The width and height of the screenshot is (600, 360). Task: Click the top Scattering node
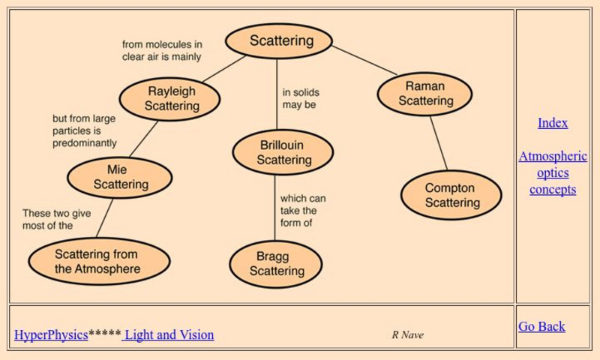[278, 41]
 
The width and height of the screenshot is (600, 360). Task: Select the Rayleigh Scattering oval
[171, 99]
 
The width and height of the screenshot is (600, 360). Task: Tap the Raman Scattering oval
[424, 94]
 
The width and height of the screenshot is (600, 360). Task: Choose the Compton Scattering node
[451, 195]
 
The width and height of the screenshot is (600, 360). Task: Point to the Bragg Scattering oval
[276, 264]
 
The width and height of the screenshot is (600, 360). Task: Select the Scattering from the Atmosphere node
[97, 262]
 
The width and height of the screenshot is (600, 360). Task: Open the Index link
[553, 123]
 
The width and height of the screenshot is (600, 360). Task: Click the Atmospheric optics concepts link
[553, 173]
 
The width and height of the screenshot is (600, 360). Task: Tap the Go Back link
[541, 326]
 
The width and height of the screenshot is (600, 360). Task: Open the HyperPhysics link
[51, 335]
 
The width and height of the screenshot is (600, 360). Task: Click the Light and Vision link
[169, 335]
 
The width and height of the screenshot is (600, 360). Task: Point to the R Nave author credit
[407, 335]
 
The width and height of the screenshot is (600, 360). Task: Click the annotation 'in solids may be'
[300, 99]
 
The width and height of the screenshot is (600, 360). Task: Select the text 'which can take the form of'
[302, 211]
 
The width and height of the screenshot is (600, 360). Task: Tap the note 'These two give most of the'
[56, 219]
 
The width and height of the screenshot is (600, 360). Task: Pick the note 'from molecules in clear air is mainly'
[162, 50]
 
